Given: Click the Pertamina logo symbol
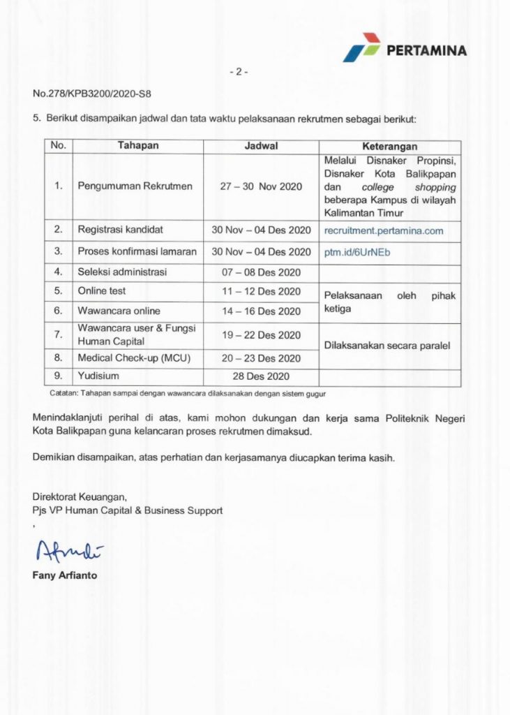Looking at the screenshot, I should click(x=361, y=46).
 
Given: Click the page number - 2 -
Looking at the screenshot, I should click(x=239, y=71).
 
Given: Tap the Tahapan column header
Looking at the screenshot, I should click(x=138, y=147).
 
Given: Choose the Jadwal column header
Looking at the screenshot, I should click(x=261, y=147).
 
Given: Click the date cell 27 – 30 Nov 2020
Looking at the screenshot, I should click(x=261, y=186).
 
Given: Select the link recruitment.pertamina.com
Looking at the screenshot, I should click(x=383, y=230).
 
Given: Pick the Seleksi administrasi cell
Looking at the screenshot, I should click(x=122, y=272).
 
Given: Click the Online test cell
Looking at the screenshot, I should click(x=102, y=291).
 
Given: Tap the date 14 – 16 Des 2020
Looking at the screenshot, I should click(x=261, y=311).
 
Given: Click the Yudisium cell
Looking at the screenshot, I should click(x=97, y=377).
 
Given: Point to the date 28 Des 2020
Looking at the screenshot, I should click(x=261, y=377).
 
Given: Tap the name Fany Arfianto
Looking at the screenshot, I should click(x=64, y=575).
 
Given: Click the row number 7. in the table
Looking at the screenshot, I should click(x=59, y=335).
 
